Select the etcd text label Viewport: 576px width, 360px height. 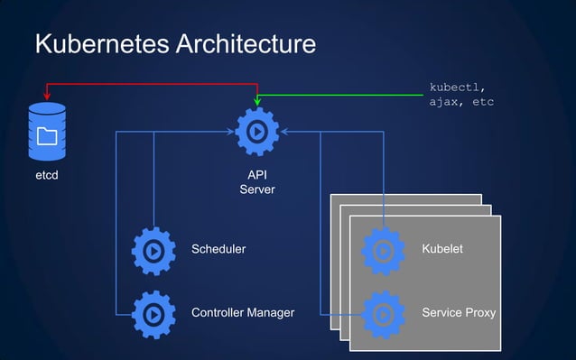click(x=47, y=175)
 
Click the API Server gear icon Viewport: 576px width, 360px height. click(x=256, y=132)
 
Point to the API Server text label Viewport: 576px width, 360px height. click(x=256, y=182)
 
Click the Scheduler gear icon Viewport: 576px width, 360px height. click(x=153, y=249)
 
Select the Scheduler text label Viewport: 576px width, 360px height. click(x=218, y=249)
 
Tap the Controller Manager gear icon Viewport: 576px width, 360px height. click(x=153, y=314)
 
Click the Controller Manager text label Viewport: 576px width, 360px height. click(x=242, y=314)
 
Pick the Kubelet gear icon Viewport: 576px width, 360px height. click(x=383, y=249)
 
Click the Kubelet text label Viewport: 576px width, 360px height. click(x=442, y=249)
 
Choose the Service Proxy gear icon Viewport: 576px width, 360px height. click(x=383, y=314)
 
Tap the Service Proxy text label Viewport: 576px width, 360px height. click(x=459, y=314)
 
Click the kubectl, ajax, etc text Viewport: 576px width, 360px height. click(x=460, y=95)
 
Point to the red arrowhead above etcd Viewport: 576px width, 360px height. click(x=47, y=97)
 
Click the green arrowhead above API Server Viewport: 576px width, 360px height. click(x=256, y=102)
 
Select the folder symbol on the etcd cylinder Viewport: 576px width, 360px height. click(x=47, y=136)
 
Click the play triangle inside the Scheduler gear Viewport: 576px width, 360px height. click(x=154, y=249)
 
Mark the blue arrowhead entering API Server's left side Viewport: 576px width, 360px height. click(x=229, y=132)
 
